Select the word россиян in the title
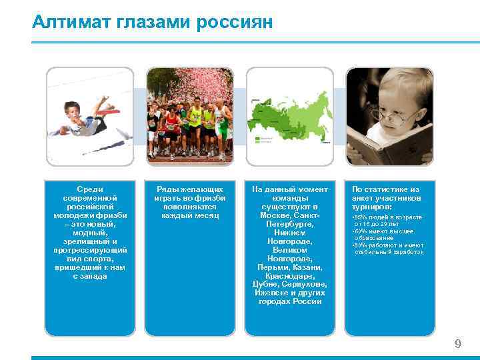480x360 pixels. (x=235, y=21)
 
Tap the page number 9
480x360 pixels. (x=457, y=344)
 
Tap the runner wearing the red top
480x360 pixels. (x=171, y=124)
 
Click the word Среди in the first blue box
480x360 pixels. (x=90, y=189)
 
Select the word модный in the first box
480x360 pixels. (x=90, y=233)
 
